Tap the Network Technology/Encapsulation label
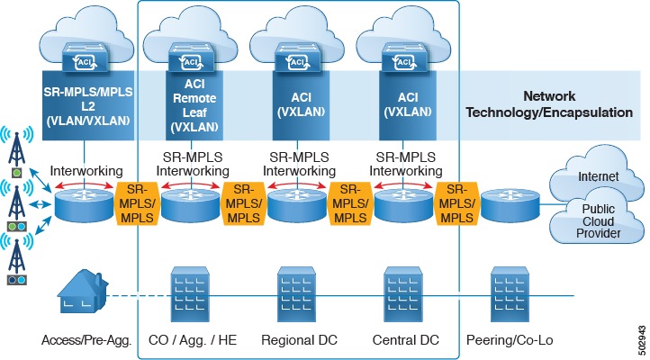[x=559, y=103]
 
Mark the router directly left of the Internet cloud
[x=509, y=205]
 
